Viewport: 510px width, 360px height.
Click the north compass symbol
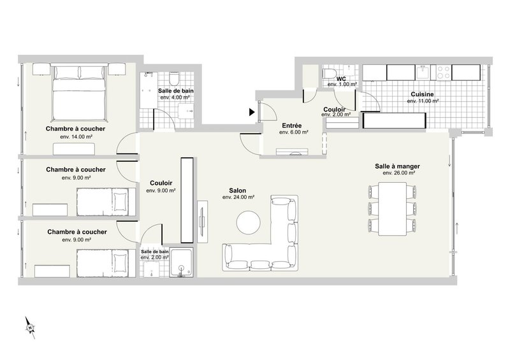click(x=30, y=326)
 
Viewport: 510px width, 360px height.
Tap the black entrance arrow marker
click(x=252, y=113)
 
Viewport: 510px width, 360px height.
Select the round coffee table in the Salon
click(x=249, y=223)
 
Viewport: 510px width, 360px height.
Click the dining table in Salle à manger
click(x=391, y=208)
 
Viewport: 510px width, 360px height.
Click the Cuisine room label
click(x=423, y=94)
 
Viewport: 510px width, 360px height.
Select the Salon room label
click(x=238, y=190)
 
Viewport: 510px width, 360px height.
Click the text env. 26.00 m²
click(x=399, y=173)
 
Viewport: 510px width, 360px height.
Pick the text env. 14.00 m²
click(x=76, y=137)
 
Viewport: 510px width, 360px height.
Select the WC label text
click(x=341, y=78)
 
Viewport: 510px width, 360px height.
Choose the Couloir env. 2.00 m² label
click(x=337, y=112)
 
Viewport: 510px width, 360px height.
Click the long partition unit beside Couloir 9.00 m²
click(x=186, y=199)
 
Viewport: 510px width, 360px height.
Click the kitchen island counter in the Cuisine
click(x=393, y=120)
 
